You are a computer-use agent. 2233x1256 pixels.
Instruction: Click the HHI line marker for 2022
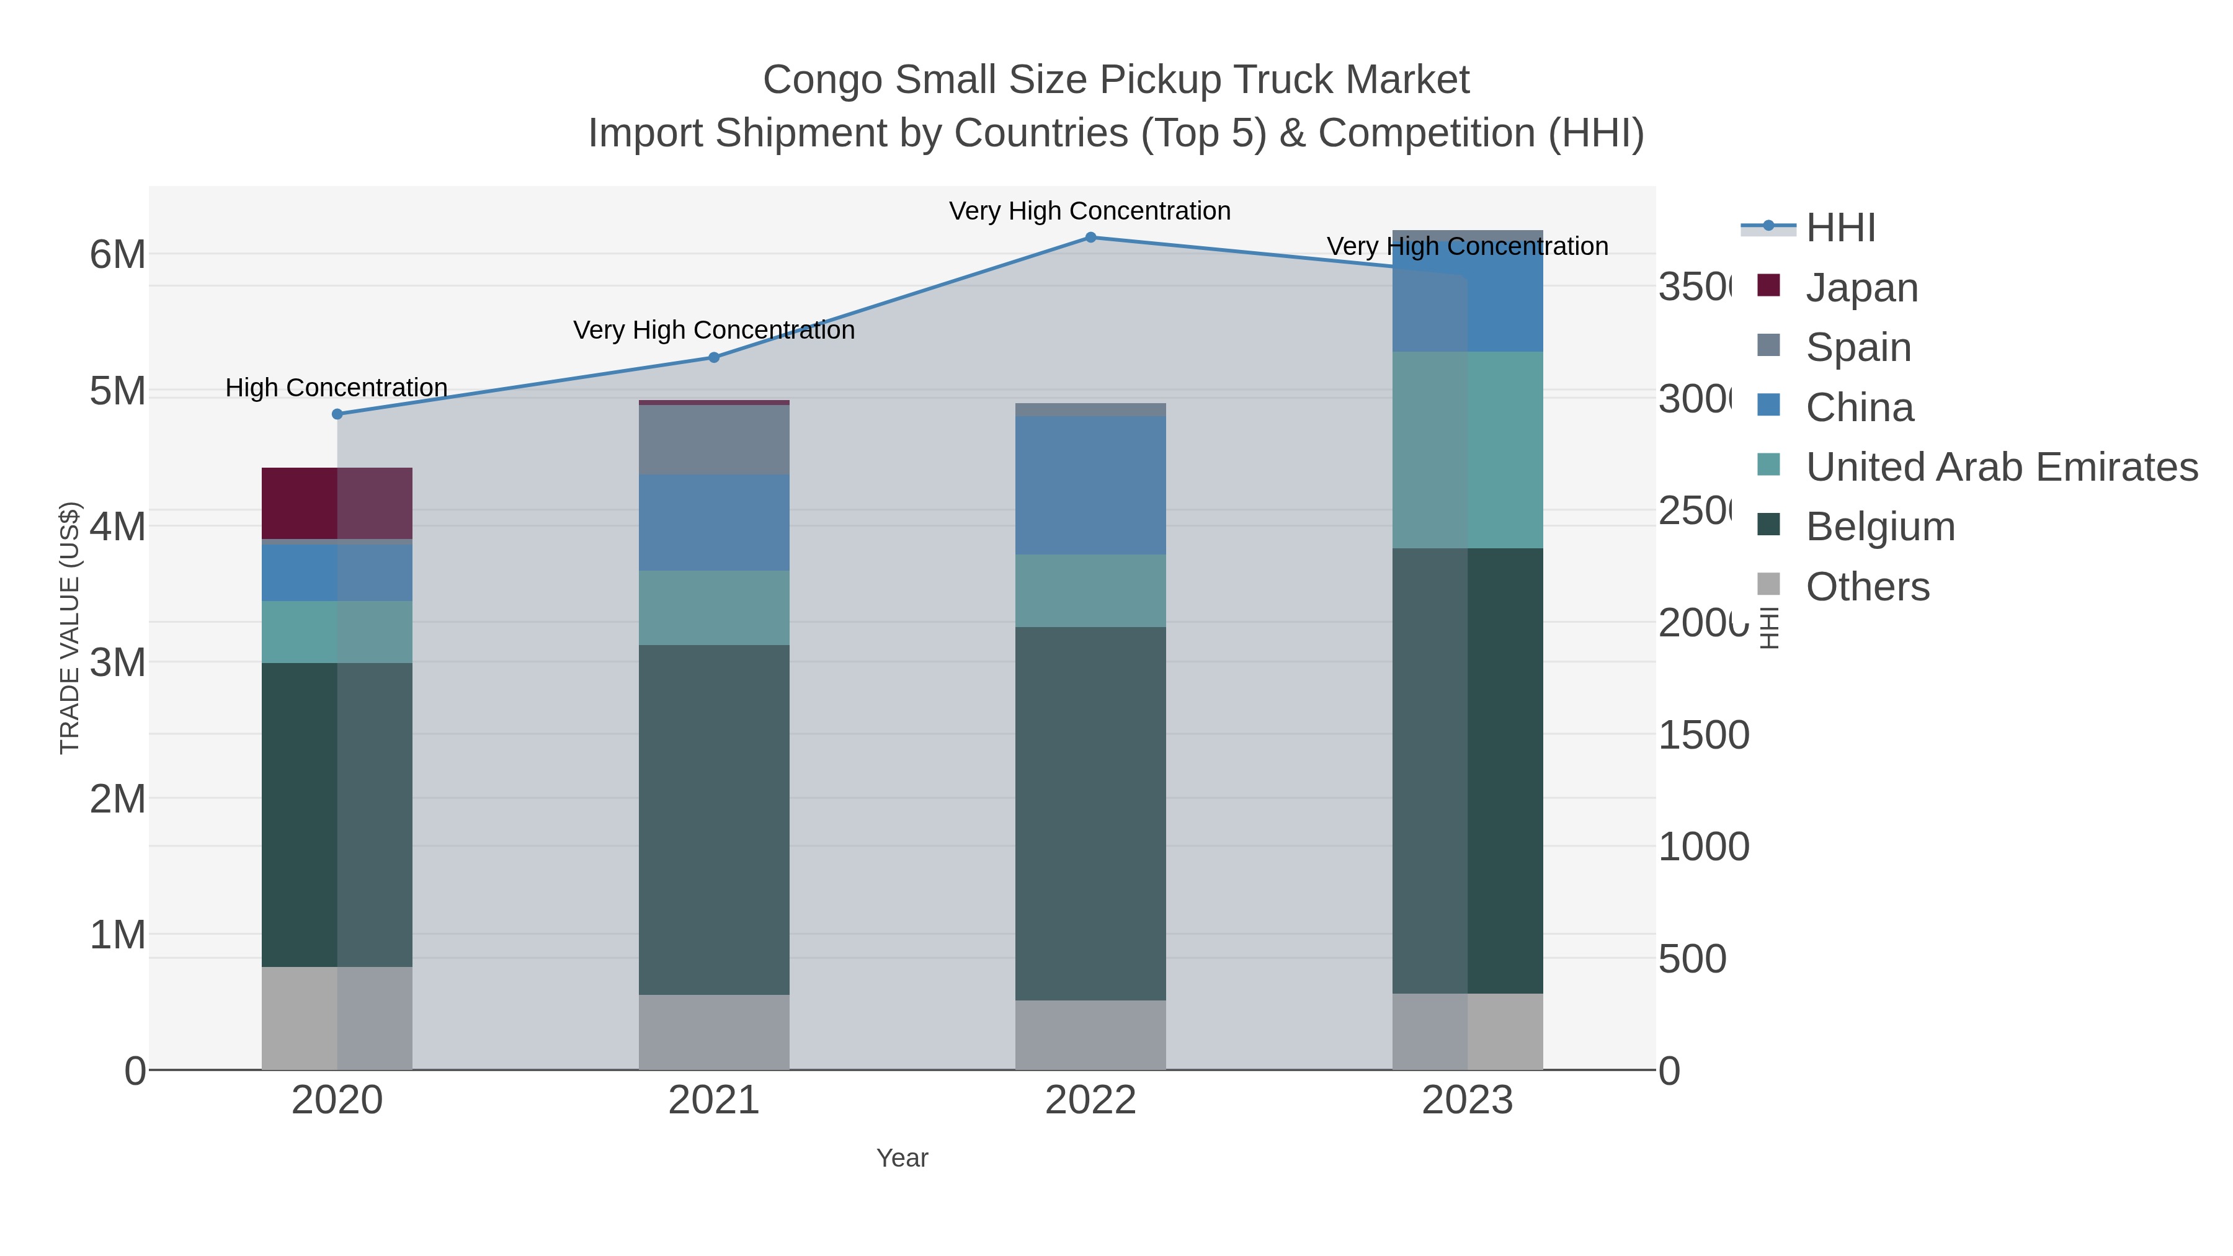click(x=1090, y=238)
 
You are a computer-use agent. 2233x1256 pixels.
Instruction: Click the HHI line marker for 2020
click(x=337, y=414)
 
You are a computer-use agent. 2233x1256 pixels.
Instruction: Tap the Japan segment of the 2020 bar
click(x=337, y=504)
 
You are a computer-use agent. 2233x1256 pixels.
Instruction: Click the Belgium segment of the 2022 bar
click(x=1090, y=813)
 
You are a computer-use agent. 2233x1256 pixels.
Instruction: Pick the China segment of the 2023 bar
click(x=1468, y=292)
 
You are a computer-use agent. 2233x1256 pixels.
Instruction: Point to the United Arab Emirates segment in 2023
click(x=1468, y=450)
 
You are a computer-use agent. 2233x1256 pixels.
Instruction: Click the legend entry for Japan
click(x=1861, y=288)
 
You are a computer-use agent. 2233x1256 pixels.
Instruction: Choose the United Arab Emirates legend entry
click(x=2000, y=467)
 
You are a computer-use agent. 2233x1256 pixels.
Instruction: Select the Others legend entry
click(x=1867, y=587)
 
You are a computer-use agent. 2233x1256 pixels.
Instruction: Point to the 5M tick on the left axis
click(x=118, y=391)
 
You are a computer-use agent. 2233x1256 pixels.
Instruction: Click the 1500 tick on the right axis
click(x=1703, y=735)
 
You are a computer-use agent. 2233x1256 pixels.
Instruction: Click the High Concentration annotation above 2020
click(x=336, y=388)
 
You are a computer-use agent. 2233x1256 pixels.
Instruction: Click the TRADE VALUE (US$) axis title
click(x=69, y=628)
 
